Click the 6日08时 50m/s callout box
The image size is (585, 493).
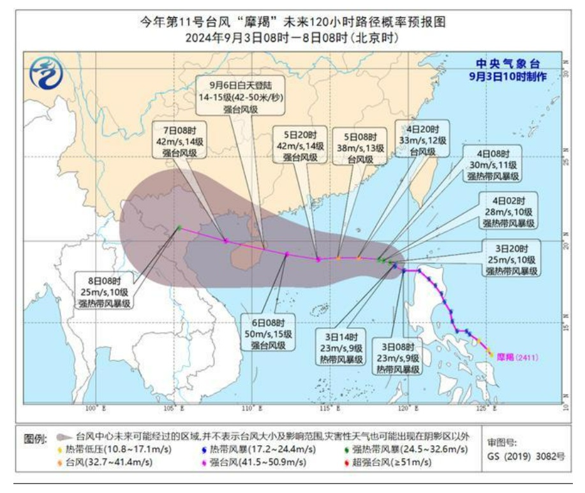point(269,334)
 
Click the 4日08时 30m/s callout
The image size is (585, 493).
point(493,165)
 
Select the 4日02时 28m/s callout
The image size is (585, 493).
point(508,211)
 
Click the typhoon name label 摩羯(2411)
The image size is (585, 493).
point(517,358)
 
